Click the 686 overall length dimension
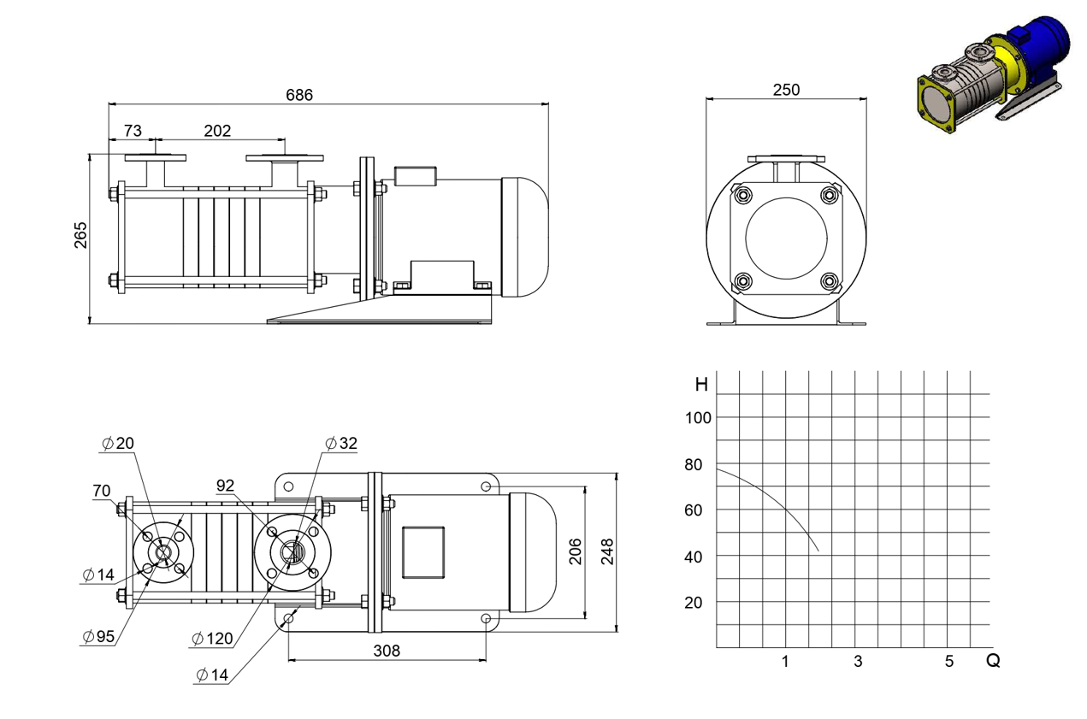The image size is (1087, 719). [x=299, y=95]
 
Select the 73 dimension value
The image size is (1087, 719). [x=133, y=131]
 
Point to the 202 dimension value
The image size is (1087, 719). [x=217, y=131]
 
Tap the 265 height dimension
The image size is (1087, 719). [x=80, y=235]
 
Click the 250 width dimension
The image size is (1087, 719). [x=786, y=90]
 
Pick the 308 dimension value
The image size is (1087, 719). [x=387, y=651]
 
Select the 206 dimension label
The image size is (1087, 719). [x=575, y=551]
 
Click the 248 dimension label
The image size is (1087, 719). [x=607, y=551]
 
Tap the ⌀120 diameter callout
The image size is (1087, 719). [x=213, y=639]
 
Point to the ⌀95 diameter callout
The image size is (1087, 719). [x=98, y=636]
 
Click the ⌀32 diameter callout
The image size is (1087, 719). [x=341, y=443]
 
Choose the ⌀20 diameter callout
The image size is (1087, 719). [x=118, y=443]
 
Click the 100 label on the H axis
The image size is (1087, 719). [x=698, y=418]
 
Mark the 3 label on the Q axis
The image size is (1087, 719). [x=858, y=661]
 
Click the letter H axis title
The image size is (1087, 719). [x=701, y=385]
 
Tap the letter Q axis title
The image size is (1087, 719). [x=993, y=660]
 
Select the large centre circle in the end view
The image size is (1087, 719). [x=786, y=239]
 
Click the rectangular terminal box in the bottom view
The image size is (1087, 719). [x=423, y=552]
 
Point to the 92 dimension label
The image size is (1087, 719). [x=225, y=485]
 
